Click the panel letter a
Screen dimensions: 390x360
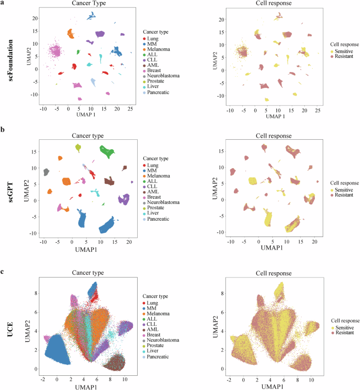(x=3, y=3)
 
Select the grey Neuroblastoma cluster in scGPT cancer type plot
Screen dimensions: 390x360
(x=46, y=172)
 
